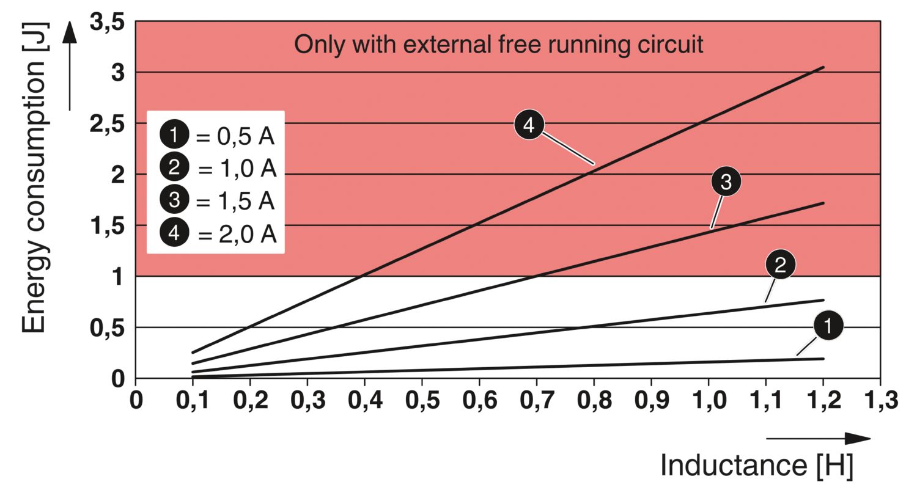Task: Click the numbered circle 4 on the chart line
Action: pyautogui.click(x=529, y=125)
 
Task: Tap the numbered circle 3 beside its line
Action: pyautogui.click(x=726, y=181)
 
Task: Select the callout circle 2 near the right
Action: pyautogui.click(x=780, y=265)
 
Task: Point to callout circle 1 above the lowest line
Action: pyautogui.click(x=828, y=326)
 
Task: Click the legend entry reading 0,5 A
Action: pyautogui.click(x=217, y=136)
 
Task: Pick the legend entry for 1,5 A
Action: pyautogui.click(x=217, y=200)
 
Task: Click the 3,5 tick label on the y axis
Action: pyautogui.click(x=107, y=23)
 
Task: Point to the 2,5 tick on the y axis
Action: pyautogui.click(x=107, y=125)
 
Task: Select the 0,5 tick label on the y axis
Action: pyautogui.click(x=107, y=329)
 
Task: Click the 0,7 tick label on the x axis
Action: pyautogui.click(x=536, y=400)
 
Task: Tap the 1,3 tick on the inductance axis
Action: pyautogui.click(x=880, y=400)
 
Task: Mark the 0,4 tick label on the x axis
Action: pyautogui.click(x=364, y=400)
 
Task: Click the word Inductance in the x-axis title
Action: pyautogui.click(x=734, y=465)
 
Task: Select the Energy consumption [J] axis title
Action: pyautogui.click(x=34, y=177)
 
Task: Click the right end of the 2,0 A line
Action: pyautogui.click(x=823, y=67)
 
